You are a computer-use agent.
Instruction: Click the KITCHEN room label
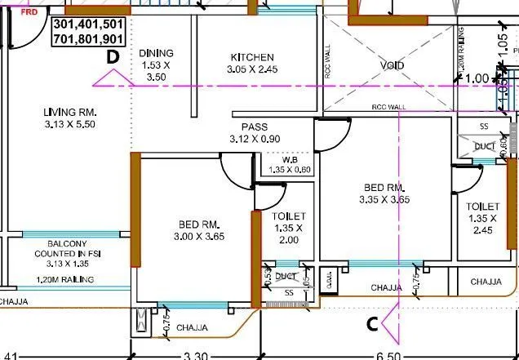pyautogui.click(x=251, y=57)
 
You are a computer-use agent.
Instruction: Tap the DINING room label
pyautogui.click(x=156, y=53)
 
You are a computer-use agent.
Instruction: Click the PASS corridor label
pyautogui.click(x=255, y=127)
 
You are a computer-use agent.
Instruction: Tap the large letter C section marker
pyautogui.click(x=371, y=324)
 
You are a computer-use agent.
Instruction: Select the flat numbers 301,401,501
pyautogui.click(x=88, y=25)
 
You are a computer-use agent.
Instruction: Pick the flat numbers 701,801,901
pyautogui.click(x=88, y=39)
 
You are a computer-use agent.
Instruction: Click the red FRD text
pyautogui.click(x=27, y=14)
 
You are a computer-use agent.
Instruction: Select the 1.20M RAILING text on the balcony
pyautogui.click(x=65, y=280)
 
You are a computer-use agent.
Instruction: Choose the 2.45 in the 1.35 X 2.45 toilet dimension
pyautogui.click(x=483, y=230)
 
